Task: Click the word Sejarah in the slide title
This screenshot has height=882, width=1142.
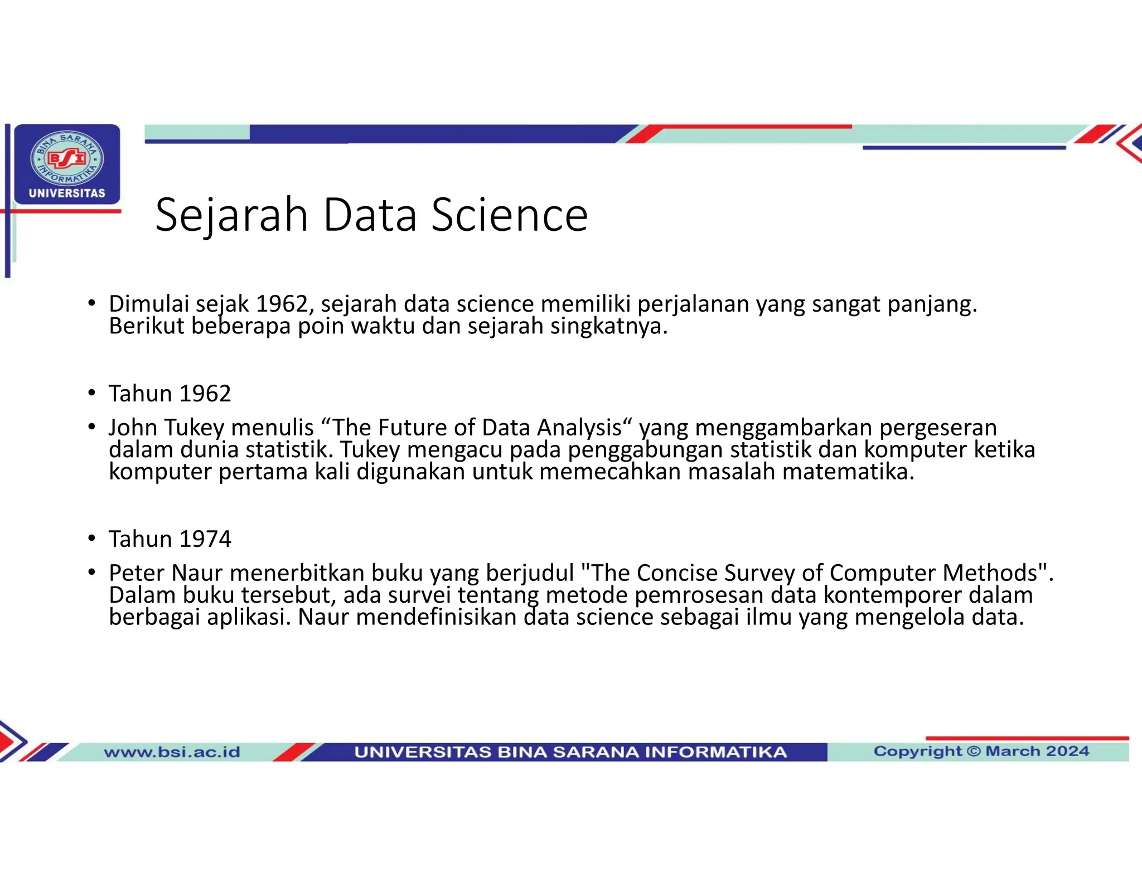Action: coord(231,215)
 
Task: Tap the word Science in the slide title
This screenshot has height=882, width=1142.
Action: coord(510,215)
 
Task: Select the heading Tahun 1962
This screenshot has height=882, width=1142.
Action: coord(170,394)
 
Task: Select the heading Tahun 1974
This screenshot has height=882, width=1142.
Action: coord(170,539)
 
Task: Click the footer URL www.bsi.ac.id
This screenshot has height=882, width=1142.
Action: coord(172,752)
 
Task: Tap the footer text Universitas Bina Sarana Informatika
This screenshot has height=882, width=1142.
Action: coord(570,752)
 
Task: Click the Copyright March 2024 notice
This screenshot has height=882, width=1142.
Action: coord(981,752)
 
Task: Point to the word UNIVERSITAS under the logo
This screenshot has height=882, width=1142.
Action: coord(67,193)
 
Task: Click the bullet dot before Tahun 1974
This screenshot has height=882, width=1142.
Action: coord(91,539)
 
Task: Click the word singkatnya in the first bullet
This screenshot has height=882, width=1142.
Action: coord(609,327)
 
